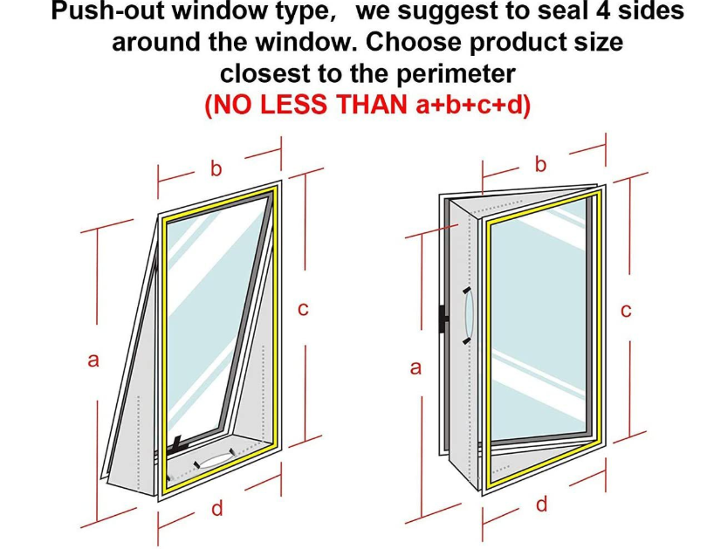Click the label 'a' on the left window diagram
pyautogui.click(x=93, y=360)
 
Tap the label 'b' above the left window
pyautogui.click(x=216, y=168)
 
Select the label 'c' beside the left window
pyautogui.click(x=303, y=309)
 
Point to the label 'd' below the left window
pyautogui.click(x=217, y=508)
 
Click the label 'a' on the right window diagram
pyautogui.click(x=415, y=367)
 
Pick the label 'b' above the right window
pyautogui.click(x=540, y=164)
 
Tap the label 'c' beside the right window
pyautogui.click(x=626, y=311)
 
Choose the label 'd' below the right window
pyautogui.click(x=541, y=504)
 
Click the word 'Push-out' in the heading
pyautogui.click(x=111, y=10)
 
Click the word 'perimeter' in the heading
pyautogui.click(x=456, y=73)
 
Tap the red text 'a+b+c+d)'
pyautogui.click(x=474, y=105)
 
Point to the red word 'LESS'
pyautogui.click(x=293, y=105)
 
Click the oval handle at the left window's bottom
pyautogui.click(x=215, y=460)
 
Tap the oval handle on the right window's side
pyautogui.click(x=469, y=315)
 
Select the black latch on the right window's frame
pyautogui.click(x=443, y=319)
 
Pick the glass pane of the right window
pyautogui.click(x=538, y=319)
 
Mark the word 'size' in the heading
pyautogui.click(x=602, y=43)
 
